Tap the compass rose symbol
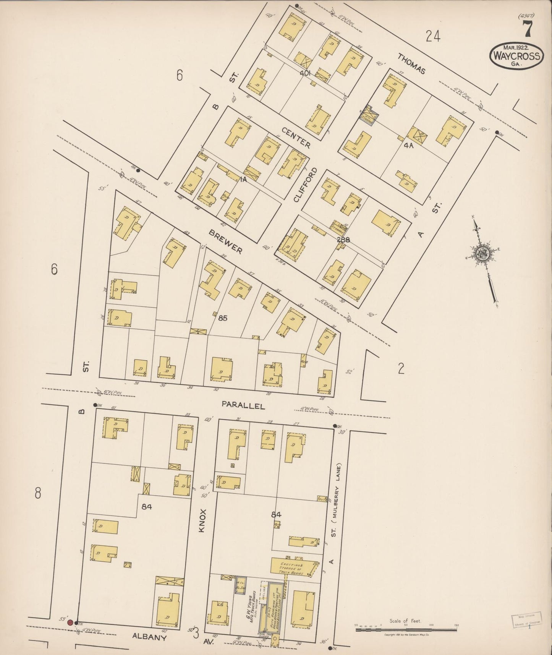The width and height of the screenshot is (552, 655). (480, 253)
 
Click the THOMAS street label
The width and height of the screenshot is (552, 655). (411, 63)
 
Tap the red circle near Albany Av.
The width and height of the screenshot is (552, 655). (70, 623)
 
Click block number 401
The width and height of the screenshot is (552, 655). (306, 73)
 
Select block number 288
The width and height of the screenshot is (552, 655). (343, 240)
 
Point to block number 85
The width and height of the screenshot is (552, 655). (223, 318)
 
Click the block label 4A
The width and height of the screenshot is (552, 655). (408, 146)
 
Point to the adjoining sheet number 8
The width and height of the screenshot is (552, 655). (37, 493)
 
